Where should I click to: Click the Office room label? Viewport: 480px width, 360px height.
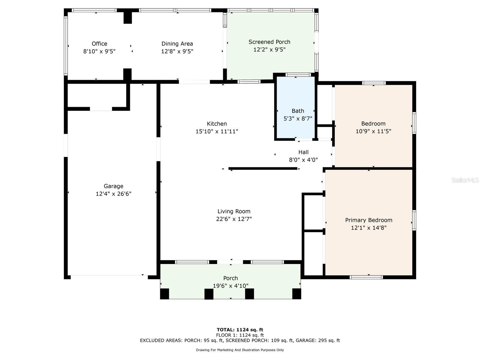(x=99, y=44)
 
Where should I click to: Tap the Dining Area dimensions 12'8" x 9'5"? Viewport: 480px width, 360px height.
(x=177, y=51)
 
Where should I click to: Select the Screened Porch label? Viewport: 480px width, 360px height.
(x=269, y=42)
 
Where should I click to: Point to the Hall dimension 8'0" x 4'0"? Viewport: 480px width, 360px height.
(x=303, y=160)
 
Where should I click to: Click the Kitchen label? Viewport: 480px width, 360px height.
(x=217, y=124)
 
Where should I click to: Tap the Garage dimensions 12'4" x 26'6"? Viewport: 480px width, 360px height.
(x=113, y=194)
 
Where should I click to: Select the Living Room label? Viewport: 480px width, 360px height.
(x=234, y=211)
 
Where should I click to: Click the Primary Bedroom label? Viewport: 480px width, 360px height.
(x=368, y=220)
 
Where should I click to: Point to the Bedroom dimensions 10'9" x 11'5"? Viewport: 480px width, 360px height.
(x=373, y=131)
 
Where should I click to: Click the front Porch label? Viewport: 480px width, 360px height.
(x=230, y=278)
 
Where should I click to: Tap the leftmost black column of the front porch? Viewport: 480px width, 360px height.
(x=164, y=294)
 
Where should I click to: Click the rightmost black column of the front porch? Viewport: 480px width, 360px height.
(x=296, y=294)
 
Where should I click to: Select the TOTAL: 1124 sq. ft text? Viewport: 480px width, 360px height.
(x=240, y=330)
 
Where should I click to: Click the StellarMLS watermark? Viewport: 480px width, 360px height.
(x=465, y=180)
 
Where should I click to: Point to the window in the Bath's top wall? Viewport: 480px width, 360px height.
(x=298, y=74)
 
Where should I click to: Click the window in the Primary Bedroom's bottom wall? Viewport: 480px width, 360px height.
(x=366, y=277)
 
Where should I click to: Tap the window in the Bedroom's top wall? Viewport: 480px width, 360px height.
(x=373, y=83)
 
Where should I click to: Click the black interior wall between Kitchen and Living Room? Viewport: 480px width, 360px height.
(x=263, y=169)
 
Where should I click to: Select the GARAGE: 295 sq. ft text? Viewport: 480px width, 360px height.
(x=318, y=340)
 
